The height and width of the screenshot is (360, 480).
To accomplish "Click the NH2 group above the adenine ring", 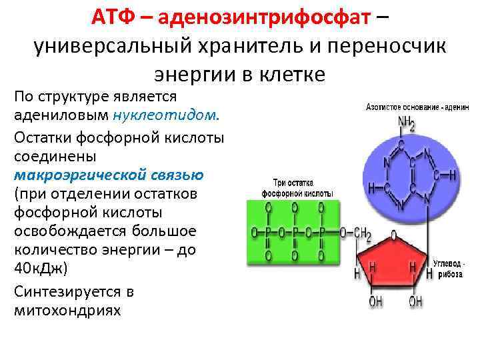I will point(407,123).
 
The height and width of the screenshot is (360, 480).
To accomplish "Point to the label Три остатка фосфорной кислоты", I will point(293,186).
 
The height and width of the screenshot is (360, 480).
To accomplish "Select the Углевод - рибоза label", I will point(449,269).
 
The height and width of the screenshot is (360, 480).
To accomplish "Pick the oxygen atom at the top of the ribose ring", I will point(393,235).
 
